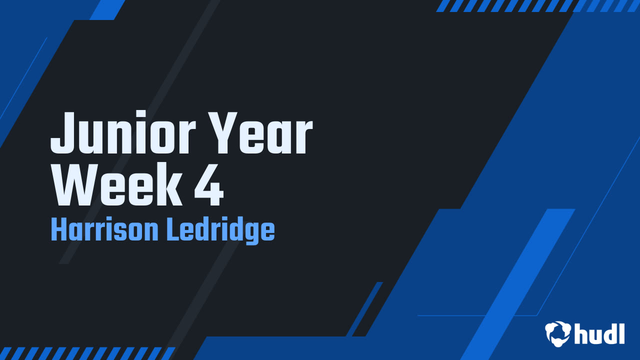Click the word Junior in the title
pos(123,132)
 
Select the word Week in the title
pos(116,184)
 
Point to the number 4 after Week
pos(209,184)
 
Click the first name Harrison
pos(104,229)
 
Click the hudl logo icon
pos(558,333)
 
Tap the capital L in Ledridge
pos(173,229)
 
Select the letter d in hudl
pos(609,333)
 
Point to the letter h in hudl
pos(581,333)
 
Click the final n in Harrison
pos(152,232)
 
